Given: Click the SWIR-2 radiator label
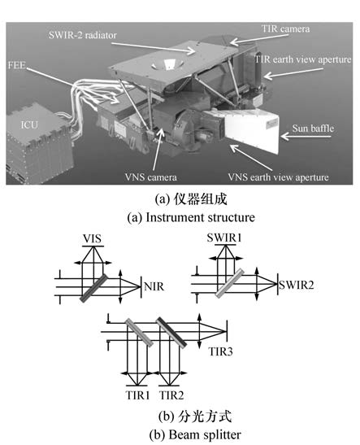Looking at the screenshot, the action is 83,35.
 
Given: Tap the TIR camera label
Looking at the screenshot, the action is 285,28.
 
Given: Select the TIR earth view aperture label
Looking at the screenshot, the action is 303,59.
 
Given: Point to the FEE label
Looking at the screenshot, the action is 17,65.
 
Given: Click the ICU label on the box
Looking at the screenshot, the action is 29,124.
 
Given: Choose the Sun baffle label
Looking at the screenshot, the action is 313,129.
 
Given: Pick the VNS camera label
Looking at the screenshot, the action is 151,177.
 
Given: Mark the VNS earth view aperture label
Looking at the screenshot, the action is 279,177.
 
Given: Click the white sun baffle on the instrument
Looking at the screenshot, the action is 251,129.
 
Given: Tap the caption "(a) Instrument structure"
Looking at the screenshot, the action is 191,217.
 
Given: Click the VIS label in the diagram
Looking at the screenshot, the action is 92,238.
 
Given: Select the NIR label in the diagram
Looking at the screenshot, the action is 154,286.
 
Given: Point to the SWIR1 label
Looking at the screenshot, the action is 224,238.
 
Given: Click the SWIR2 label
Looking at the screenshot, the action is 297,285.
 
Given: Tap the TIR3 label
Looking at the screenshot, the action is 220,351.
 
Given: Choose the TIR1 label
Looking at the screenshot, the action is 137,395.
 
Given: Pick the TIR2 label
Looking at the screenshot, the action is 171,395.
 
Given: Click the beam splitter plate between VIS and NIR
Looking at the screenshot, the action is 93,288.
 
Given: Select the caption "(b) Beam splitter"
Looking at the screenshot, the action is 195,434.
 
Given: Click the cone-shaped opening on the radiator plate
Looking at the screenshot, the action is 165,64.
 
